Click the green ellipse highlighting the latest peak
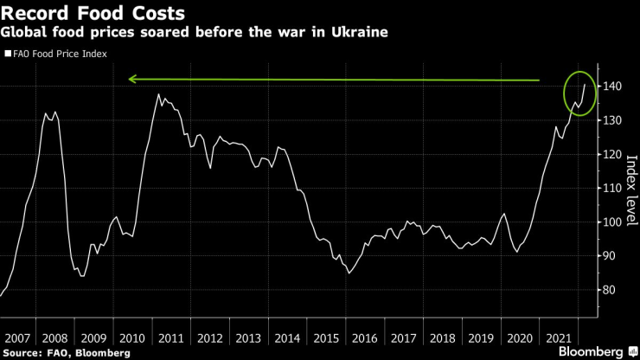coord(578,93)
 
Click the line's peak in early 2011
coord(158,94)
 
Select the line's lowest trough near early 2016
coord(349,273)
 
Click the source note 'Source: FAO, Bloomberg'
coord(67,352)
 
